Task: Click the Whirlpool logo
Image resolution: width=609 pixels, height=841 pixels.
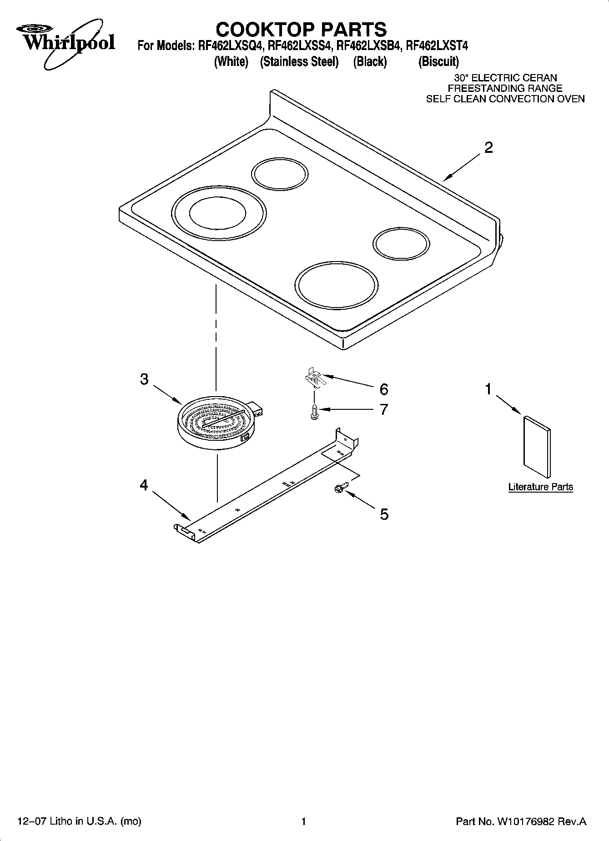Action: [x=64, y=43]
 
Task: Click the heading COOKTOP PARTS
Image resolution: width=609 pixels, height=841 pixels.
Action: [x=301, y=30]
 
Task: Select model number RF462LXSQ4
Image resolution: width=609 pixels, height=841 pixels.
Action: [x=230, y=46]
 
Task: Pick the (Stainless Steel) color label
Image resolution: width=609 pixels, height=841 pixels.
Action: [x=299, y=61]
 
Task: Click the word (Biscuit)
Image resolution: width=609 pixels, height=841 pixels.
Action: [x=438, y=61]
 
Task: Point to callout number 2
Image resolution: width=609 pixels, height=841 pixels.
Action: [x=488, y=148]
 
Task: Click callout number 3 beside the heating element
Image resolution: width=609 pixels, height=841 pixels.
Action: [x=144, y=379]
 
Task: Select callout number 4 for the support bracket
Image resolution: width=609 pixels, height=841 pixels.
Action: [x=144, y=485]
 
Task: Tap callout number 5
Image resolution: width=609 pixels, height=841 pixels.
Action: [x=384, y=514]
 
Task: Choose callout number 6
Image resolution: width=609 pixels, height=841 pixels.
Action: [x=384, y=389]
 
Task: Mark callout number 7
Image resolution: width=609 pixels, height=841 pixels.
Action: [x=384, y=409]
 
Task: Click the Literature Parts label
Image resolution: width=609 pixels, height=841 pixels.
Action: [x=540, y=487]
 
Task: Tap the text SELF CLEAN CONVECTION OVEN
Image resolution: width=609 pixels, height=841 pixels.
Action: [x=505, y=99]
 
